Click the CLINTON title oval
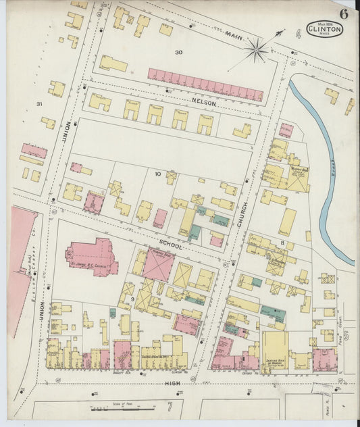point(325,28)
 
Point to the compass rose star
point(256,49)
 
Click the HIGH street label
point(174,382)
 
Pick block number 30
point(178,52)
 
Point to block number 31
point(39,103)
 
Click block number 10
point(157,174)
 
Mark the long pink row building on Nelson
point(205,84)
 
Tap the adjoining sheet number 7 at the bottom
point(170,407)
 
